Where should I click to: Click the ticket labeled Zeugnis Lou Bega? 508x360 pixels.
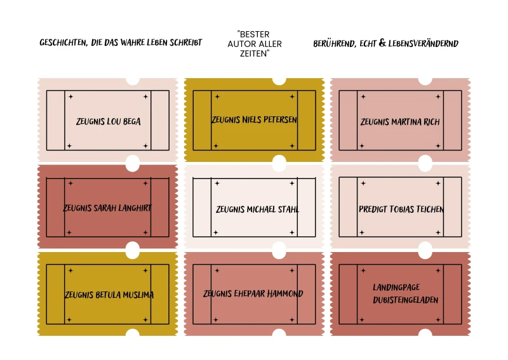[107, 120]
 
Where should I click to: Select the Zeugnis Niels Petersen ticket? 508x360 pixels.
[255, 120]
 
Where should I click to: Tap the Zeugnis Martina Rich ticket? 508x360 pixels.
[400, 120]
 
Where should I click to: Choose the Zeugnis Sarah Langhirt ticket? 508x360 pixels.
[107, 207]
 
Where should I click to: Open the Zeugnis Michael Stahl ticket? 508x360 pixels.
[255, 207]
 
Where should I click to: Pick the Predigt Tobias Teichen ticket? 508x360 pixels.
[400, 207]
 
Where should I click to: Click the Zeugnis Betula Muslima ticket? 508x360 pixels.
[107, 293]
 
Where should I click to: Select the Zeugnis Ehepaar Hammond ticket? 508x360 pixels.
[255, 293]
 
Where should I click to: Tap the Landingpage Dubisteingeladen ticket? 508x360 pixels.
[400, 293]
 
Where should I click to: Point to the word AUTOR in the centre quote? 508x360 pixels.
[241, 44]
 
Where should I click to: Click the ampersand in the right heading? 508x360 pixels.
[382, 43]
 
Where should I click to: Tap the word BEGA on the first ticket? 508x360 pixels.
[131, 121]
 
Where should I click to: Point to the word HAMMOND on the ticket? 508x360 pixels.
[285, 293]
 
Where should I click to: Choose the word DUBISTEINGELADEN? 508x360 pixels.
[405, 300]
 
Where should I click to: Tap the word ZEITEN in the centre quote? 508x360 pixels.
[255, 53]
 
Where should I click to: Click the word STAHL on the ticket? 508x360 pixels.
[288, 210]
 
